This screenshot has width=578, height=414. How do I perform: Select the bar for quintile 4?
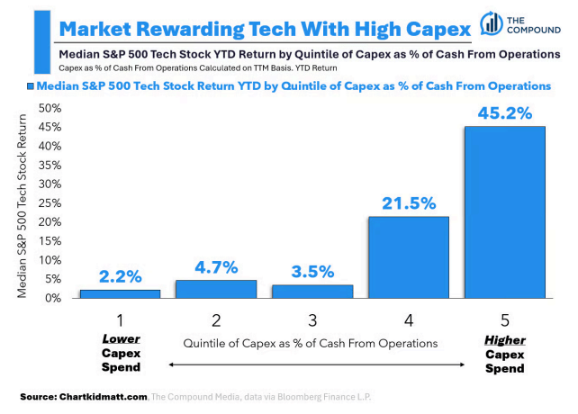[x=409, y=256]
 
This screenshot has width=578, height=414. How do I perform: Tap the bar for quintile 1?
[x=119, y=293]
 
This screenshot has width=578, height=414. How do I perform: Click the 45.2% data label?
[x=505, y=114]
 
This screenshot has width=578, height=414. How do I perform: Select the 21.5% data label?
[x=409, y=204]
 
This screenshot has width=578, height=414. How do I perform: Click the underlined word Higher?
[x=505, y=341]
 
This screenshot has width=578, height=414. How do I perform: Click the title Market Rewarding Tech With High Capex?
[x=261, y=28]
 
